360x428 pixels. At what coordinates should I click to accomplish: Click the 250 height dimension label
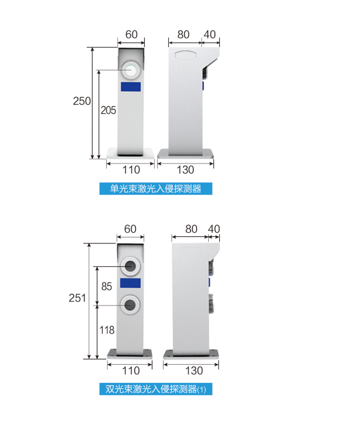pos(81,101)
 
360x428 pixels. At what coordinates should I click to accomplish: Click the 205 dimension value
pos(108,110)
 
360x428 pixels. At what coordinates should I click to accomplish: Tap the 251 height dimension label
pos(77,298)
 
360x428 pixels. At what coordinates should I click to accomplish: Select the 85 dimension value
pos(107,286)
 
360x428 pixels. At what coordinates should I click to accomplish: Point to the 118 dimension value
pos(107,330)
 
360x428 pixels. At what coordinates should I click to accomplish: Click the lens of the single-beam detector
pos(131,70)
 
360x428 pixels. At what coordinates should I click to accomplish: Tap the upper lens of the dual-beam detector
pos(131,266)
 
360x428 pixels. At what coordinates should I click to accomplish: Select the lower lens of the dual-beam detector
pos(131,305)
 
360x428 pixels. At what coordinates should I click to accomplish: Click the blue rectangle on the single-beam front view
pos(131,87)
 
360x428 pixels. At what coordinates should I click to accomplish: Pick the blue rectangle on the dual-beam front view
pos(131,283)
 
